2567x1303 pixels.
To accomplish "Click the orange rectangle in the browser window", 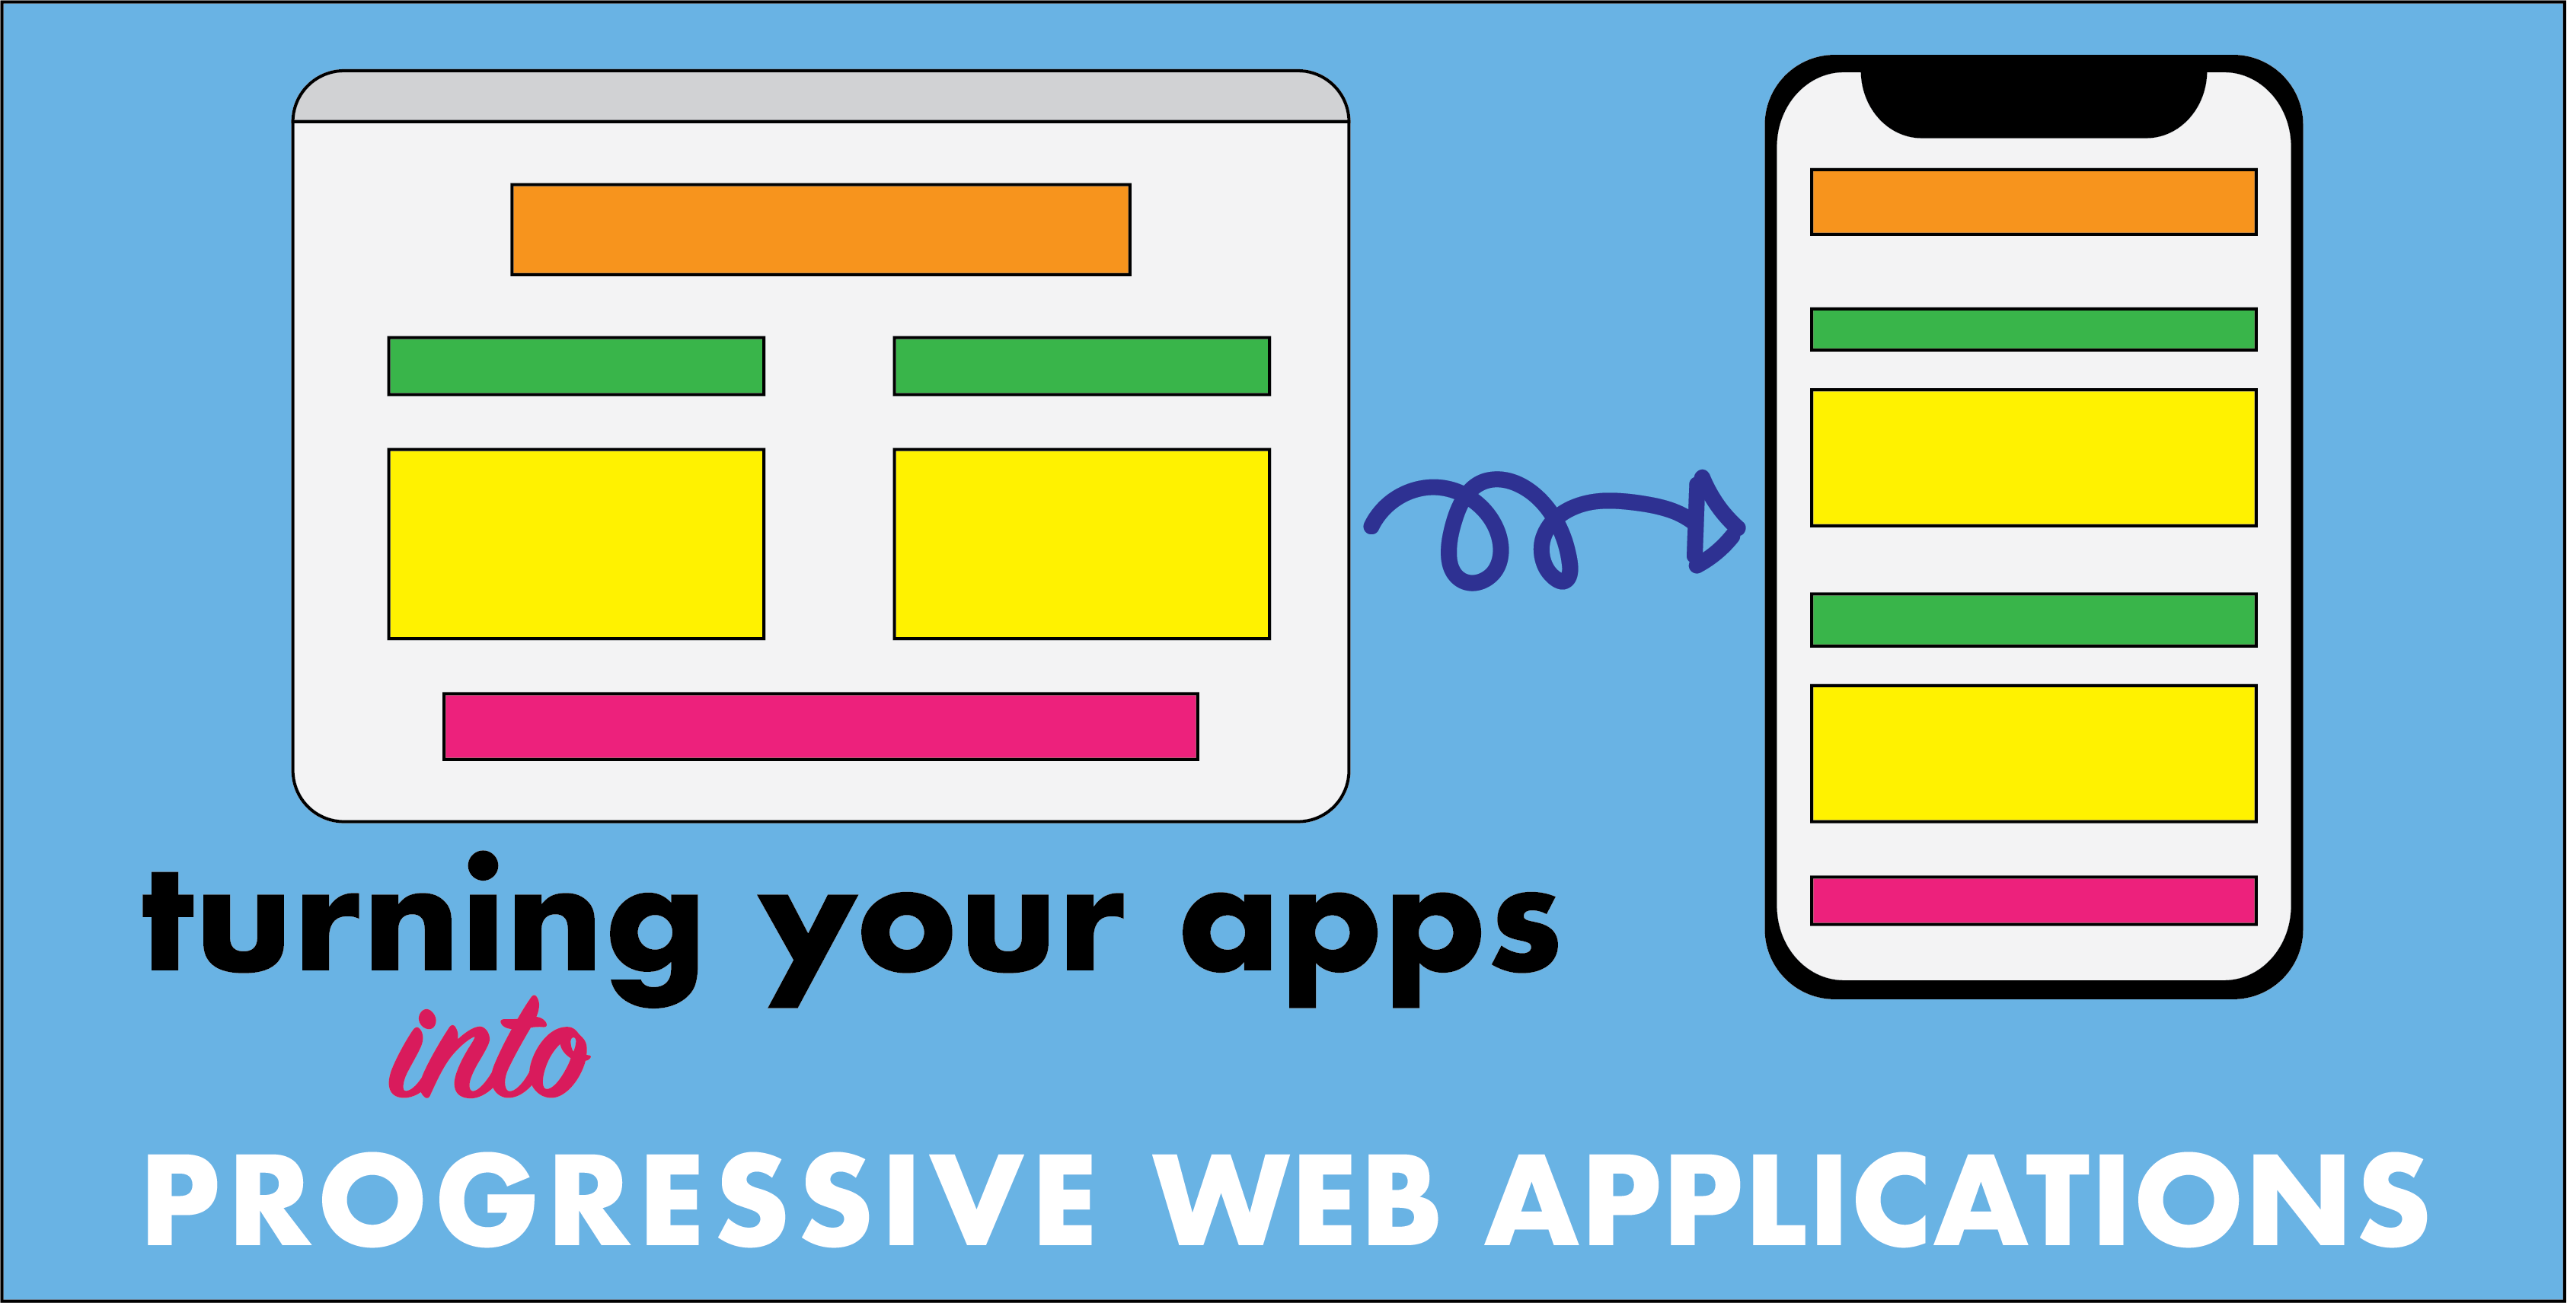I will [x=820, y=229].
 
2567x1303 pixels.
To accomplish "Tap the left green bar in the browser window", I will [x=576, y=365].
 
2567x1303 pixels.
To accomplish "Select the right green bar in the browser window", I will [x=1081, y=365].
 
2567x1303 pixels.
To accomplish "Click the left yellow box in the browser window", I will [x=576, y=544].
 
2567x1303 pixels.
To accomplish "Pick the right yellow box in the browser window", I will [x=1081, y=544].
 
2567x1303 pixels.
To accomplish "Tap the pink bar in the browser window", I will [x=820, y=726].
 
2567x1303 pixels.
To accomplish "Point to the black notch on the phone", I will [x=2033, y=100].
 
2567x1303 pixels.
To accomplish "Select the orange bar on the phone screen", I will [x=2033, y=202].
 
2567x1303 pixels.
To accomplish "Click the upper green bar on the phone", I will [x=2033, y=329].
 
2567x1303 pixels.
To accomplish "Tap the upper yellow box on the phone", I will [x=2033, y=457].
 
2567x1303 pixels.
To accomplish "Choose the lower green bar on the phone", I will [x=2033, y=620].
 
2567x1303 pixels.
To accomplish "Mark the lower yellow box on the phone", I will [x=2033, y=753].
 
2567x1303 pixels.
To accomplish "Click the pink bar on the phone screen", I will [x=2033, y=900].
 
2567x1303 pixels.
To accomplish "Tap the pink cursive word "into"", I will [x=488, y=1056].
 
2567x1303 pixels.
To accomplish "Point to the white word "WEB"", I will [x=1295, y=1199].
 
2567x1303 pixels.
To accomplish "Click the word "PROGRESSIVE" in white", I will [x=618, y=1199].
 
